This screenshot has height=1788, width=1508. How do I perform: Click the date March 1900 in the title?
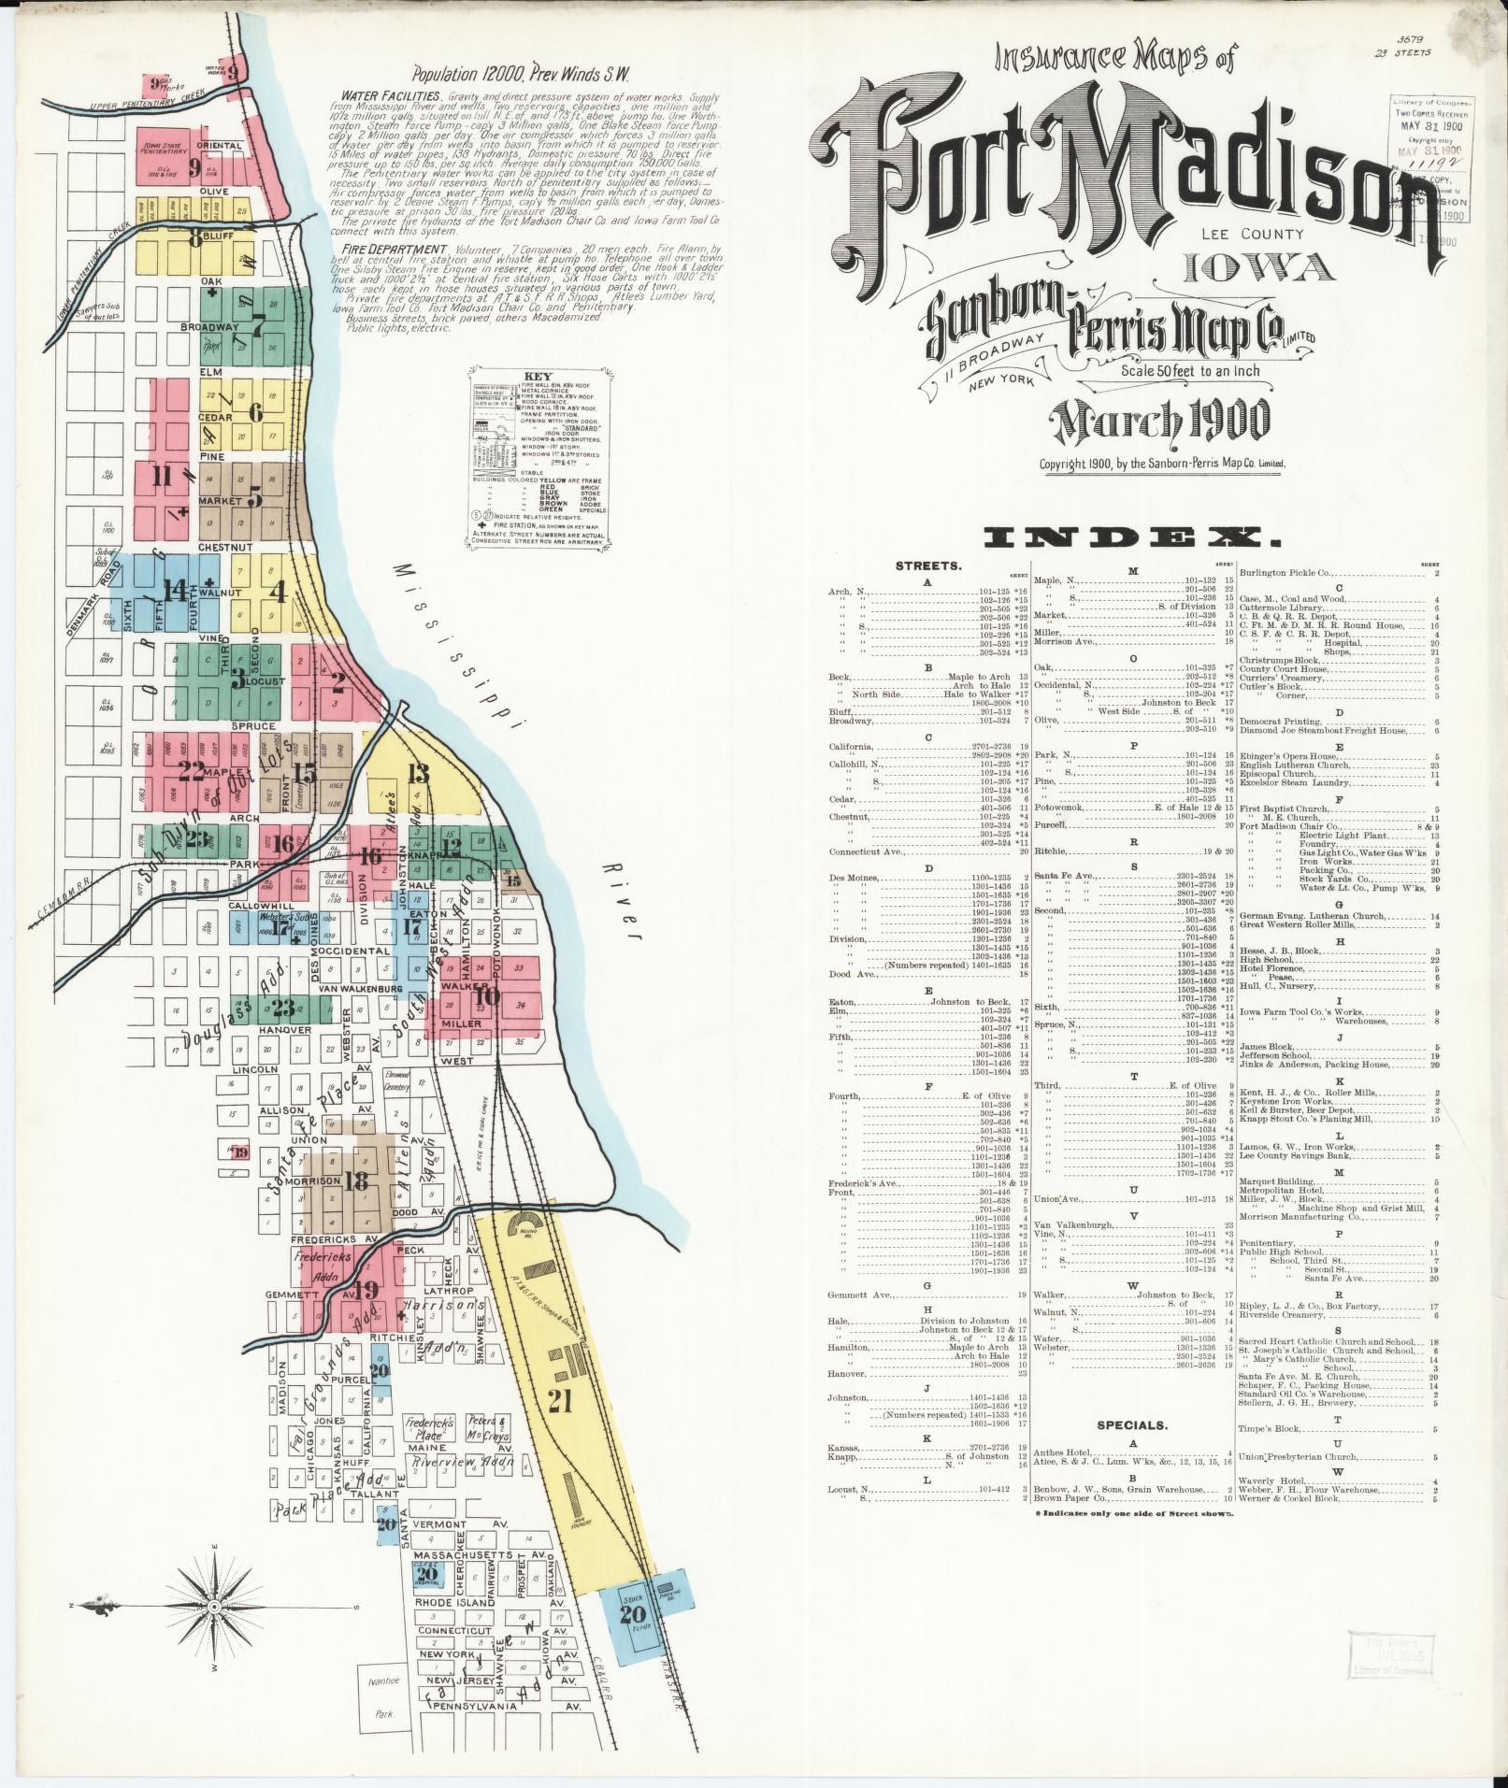1162,422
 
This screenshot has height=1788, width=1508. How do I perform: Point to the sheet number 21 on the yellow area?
559,1400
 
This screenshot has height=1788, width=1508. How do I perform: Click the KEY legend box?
539,457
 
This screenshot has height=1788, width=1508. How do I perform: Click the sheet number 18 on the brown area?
355,1180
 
